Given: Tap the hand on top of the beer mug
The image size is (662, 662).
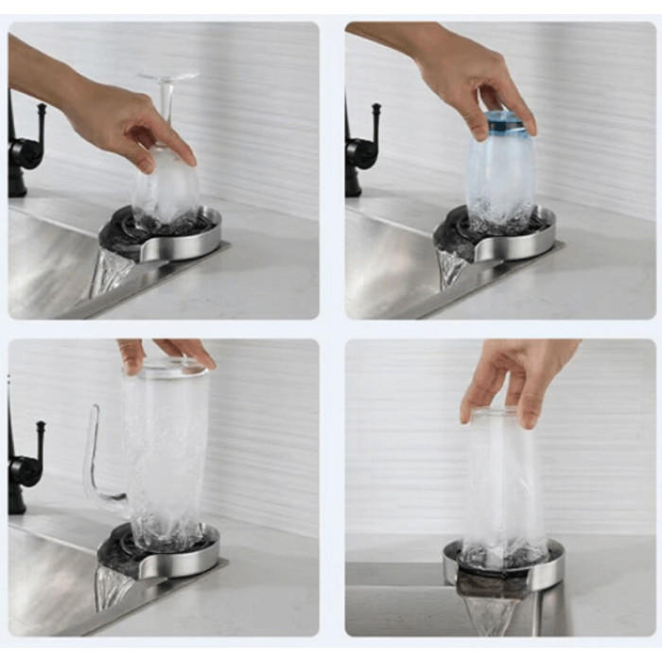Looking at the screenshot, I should [165, 352].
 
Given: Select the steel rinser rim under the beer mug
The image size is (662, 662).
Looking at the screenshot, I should [184, 564].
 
